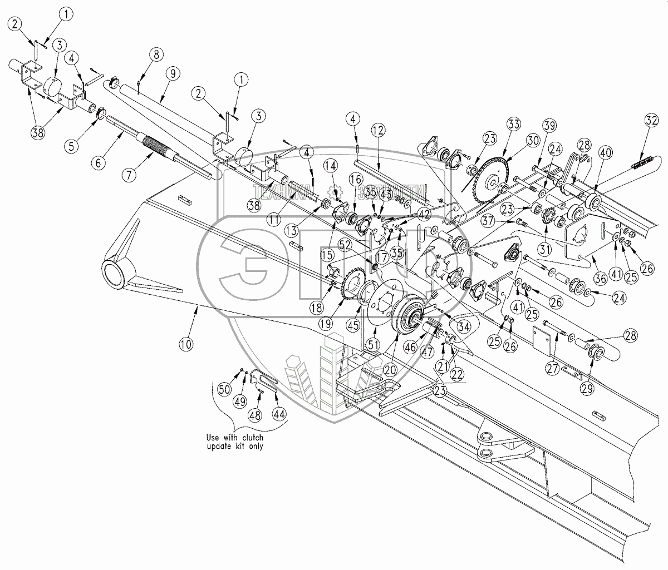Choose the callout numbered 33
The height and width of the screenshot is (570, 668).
point(512,124)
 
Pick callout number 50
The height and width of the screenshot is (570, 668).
point(224,389)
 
